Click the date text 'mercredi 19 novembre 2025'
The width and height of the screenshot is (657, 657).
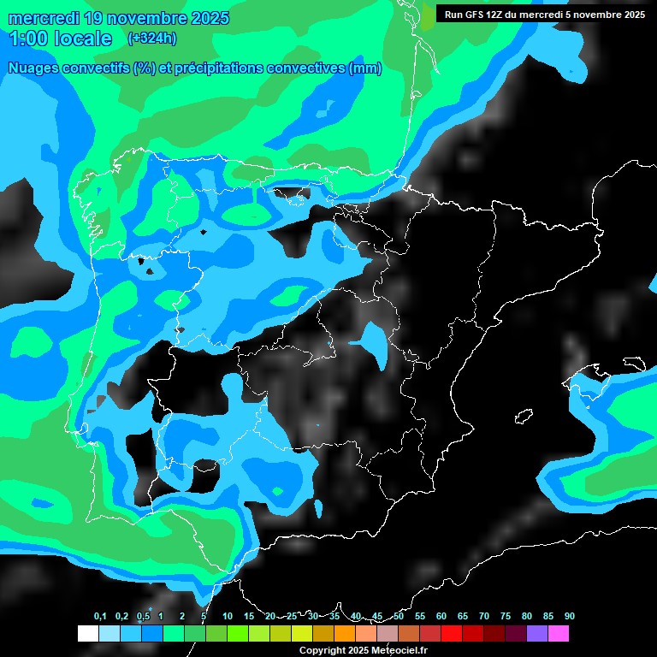coord(118,18)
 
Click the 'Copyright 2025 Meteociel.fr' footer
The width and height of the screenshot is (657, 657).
coord(363,650)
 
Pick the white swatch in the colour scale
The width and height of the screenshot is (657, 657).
coord(87,633)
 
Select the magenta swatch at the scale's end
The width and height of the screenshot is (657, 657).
coord(559,633)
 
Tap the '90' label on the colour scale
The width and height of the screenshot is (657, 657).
coord(569,616)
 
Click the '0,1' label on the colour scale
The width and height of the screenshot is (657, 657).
coord(100,616)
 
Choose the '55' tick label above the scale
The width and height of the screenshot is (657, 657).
coord(420,616)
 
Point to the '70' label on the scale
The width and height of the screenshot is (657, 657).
coord(484,616)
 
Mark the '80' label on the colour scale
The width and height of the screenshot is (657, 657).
coord(527,616)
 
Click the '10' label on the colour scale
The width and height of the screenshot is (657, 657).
coord(228,616)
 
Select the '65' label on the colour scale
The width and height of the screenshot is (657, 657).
coord(463,616)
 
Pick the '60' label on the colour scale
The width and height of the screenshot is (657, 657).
coord(441,616)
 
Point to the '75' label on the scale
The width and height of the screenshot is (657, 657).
coord(506,616)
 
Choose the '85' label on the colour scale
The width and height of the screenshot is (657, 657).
coord(547,616)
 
